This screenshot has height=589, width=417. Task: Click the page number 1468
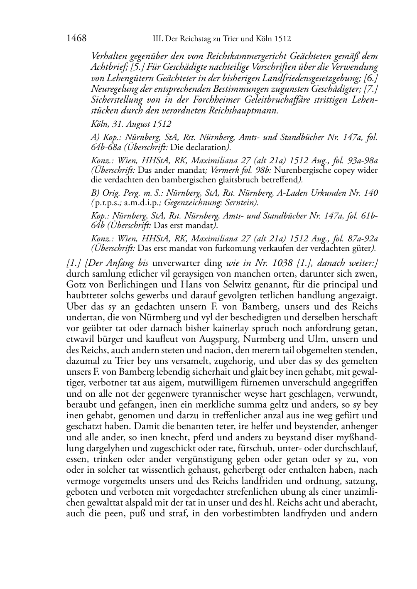click(76, 39)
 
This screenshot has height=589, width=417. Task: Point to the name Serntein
click(241, 203)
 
